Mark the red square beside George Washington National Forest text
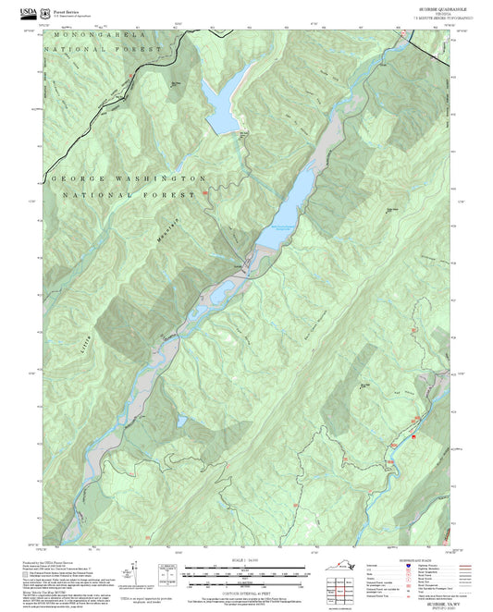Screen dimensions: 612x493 (205, 194)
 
